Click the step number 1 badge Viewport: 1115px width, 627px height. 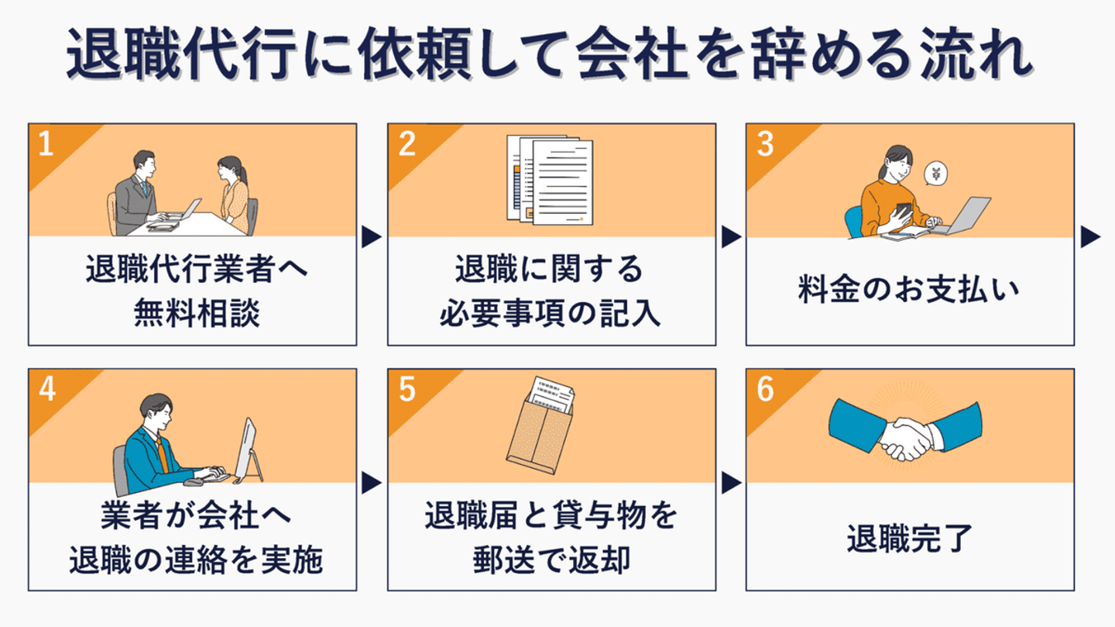pyautogui.click(x=46, y=144)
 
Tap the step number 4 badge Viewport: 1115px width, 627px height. pyautogui.click(x=47, y=389)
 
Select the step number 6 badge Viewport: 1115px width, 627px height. pyautogui.click(x=765, y=389)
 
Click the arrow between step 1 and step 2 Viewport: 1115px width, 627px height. pyautogui.click(x=372, y=236)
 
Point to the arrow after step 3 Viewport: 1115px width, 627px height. pyautogui.click(x=1090, y=236)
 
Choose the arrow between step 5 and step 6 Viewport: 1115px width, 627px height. pyautogui.click(x=731, y=483)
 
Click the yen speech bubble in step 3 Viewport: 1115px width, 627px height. pyautogui.click(x=935, y=174)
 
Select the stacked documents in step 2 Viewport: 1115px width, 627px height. pyautogui.click(x=550, y=180)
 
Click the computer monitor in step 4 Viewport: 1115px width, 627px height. pyautogui.click(x=248, y=450)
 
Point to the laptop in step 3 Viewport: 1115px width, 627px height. pyautogui.click(x=962, y=215)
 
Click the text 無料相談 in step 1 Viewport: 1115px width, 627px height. pyautogui.click(x=197, y=313)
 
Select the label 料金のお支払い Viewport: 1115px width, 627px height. pyautogui.click(x=908, y=290)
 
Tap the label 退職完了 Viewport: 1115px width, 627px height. pyautogui.click(x=909, y=539)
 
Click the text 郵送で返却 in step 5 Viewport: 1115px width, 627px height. pyautogui.click(x=551, y=560)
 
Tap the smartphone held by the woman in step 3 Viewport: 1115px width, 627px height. pyautogui.click(x=904, y=209)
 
